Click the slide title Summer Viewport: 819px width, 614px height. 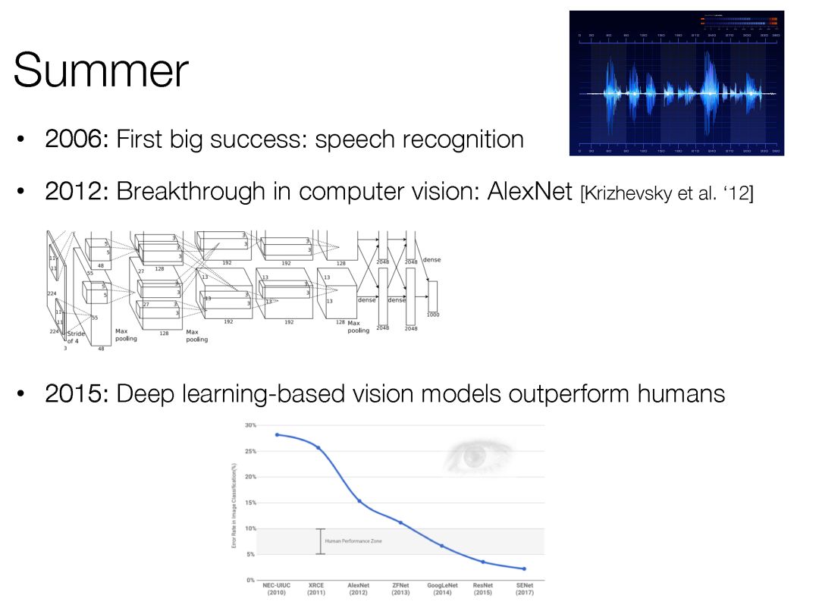click(x=101, y=70)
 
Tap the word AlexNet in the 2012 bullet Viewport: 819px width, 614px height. click(x=524, y=192)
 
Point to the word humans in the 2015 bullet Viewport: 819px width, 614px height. click(x=680, y=394)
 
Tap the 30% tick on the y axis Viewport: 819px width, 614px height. click(x=250, y=425)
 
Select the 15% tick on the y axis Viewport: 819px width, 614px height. click(x=250, y=503)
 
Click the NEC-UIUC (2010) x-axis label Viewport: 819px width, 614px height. click(x=277, y=589)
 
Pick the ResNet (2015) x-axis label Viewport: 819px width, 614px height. click(x=483, y=589)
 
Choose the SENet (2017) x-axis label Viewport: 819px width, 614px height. click(x=524, y=589)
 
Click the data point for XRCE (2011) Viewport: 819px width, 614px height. click(x=318, y=448)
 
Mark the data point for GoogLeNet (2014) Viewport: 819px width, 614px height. click(x=441, y=546)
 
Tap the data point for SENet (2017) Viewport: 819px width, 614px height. click(x=524, y=569)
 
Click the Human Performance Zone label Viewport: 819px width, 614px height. click(x=353, y=541)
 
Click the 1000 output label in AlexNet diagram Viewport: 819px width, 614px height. click(x=432, y=315)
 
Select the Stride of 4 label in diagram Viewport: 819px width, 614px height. click(x=77, y=337)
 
